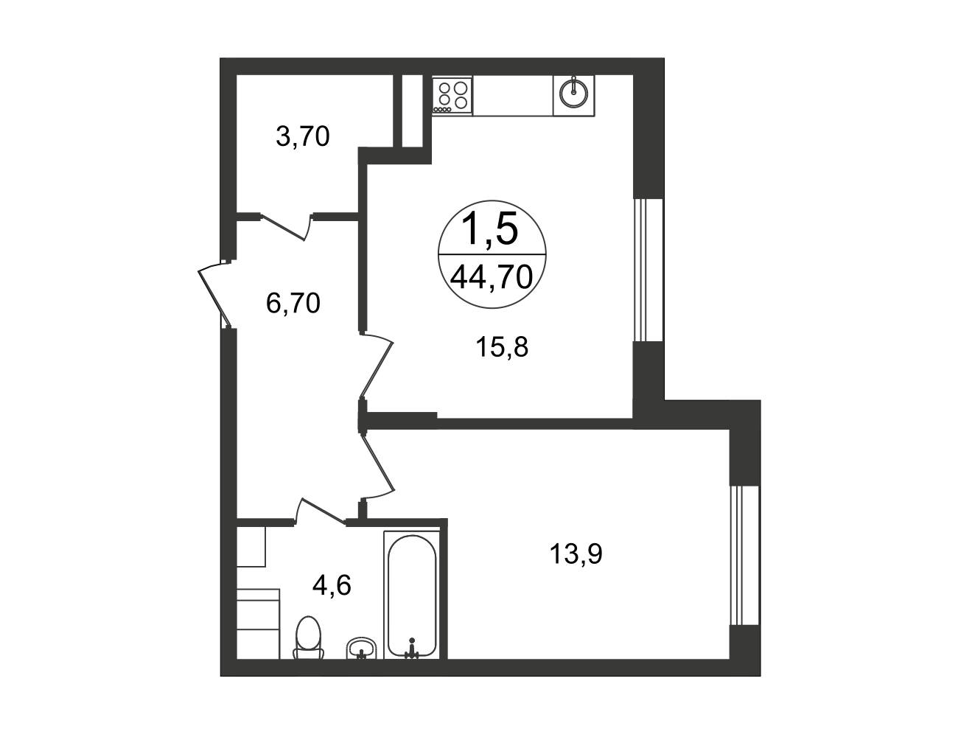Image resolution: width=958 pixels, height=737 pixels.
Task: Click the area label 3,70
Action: coord(303,136)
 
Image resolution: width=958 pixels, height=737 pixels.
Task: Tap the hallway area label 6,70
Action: coord(293,303)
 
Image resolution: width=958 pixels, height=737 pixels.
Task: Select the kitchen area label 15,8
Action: coord(502,347)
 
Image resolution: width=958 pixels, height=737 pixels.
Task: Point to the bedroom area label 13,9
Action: coord(576,554)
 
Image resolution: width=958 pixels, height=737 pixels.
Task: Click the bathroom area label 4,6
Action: coord(332,586)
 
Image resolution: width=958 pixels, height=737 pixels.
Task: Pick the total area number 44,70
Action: coord(492,278)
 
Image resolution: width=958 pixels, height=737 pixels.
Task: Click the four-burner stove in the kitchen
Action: coord(452,96)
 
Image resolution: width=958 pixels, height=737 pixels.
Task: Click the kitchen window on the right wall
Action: coord(648,270)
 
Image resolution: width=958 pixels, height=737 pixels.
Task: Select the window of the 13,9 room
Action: coord(745,556)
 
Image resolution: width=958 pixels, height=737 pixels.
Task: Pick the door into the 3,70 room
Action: coord(286,226)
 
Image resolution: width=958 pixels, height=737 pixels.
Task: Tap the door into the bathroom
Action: coord(320,512)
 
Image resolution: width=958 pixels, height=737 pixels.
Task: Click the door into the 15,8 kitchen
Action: coord(376,365)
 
